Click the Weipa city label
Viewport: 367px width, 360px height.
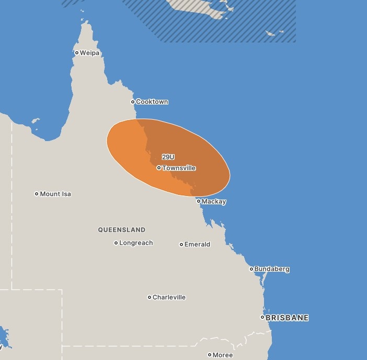pos(89,53)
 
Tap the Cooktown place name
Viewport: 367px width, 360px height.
pos(152,102)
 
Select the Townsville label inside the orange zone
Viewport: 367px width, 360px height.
pos(179,168)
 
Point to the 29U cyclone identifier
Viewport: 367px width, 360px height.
pos(168,157)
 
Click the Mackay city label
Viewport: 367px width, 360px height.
pos(214,202)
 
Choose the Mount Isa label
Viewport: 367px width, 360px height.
pos(55,194)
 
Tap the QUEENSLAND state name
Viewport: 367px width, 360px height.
pos(122,230)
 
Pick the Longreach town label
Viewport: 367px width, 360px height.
pos(136,243)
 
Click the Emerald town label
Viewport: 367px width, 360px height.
pos(197,245)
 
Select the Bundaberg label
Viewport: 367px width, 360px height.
pos(272,269)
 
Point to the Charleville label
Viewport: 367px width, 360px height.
pos(169,297)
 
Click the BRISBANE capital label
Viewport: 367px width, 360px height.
pos(287,318)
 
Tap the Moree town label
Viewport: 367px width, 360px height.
pos(223,355)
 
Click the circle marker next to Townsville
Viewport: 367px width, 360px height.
pos(159,168)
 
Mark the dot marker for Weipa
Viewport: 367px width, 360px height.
pos(77,53)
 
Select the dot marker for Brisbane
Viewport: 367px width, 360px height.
pos(263,318)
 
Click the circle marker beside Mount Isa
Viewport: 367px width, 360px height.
pos(37,194)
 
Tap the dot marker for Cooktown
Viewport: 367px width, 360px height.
pos(133,102)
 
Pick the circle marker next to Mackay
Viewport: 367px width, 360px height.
pos(199,201)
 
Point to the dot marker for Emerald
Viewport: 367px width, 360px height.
pos(181,245)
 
